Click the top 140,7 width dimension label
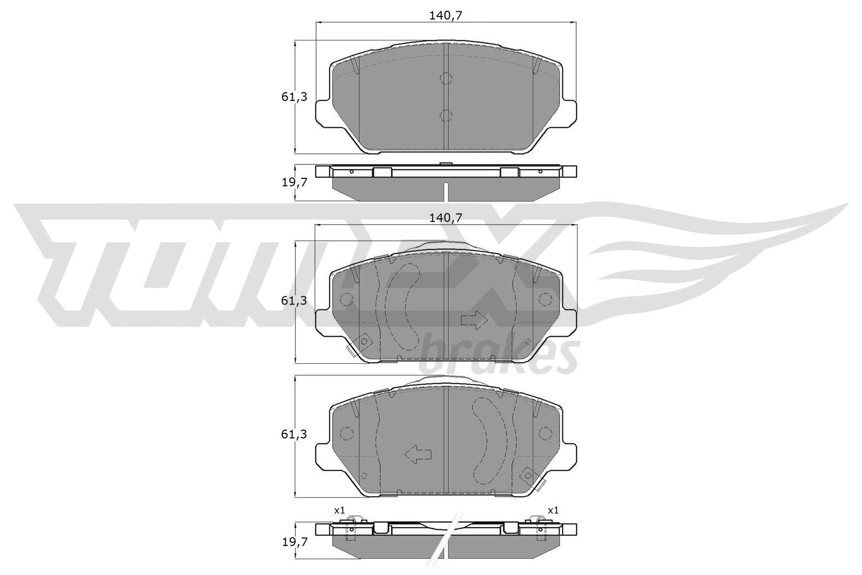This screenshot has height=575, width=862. click(x=446, y=16)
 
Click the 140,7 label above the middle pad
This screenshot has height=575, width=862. click(x=446, y=218)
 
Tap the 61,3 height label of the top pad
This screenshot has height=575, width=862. click(x=294, y=97)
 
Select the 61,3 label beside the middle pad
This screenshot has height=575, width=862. click(x=294, y=301)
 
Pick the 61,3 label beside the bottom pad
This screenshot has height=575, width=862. click(x=294, y=434)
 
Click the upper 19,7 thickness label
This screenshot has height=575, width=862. click(x=294, y=182)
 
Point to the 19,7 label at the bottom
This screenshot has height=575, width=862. click(x=294, y=542)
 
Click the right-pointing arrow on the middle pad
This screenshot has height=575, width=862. click(x=474, y=321)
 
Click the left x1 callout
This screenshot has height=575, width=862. click(x=339, y=510)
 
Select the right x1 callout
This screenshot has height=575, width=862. click(x=553, y=510)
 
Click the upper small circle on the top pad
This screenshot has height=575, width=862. click(x=446, y=79)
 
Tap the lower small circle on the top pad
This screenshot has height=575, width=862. click(x=446, y=115)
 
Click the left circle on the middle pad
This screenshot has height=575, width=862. click(x=346, y=300)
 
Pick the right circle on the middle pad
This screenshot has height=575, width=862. click(x=545, y=300)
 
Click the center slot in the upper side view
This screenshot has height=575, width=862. click(x=446, y=191)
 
